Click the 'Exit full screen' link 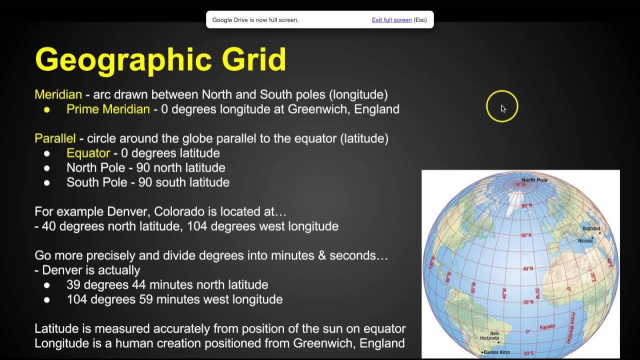(x=391, y=20)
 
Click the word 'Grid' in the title (x=254, y=60)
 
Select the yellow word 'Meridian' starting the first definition (x=58, y=94)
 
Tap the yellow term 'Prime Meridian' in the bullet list (x=108, y=109)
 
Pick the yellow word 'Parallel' (x=55, y=138)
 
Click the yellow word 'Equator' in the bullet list (x=88, y=153)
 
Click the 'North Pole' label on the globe (x=534, y=180)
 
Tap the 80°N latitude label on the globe (x=526, y=205)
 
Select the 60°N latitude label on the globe (x=526, y=235)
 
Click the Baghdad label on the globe (x=591, y=228)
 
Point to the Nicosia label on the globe (x=584, y=241)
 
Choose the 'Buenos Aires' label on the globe (x=496, y=352)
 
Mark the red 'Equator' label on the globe (x=547, y=327)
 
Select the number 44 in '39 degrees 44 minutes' (x=138, y=285)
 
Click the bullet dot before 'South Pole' (x=47, y=182)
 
